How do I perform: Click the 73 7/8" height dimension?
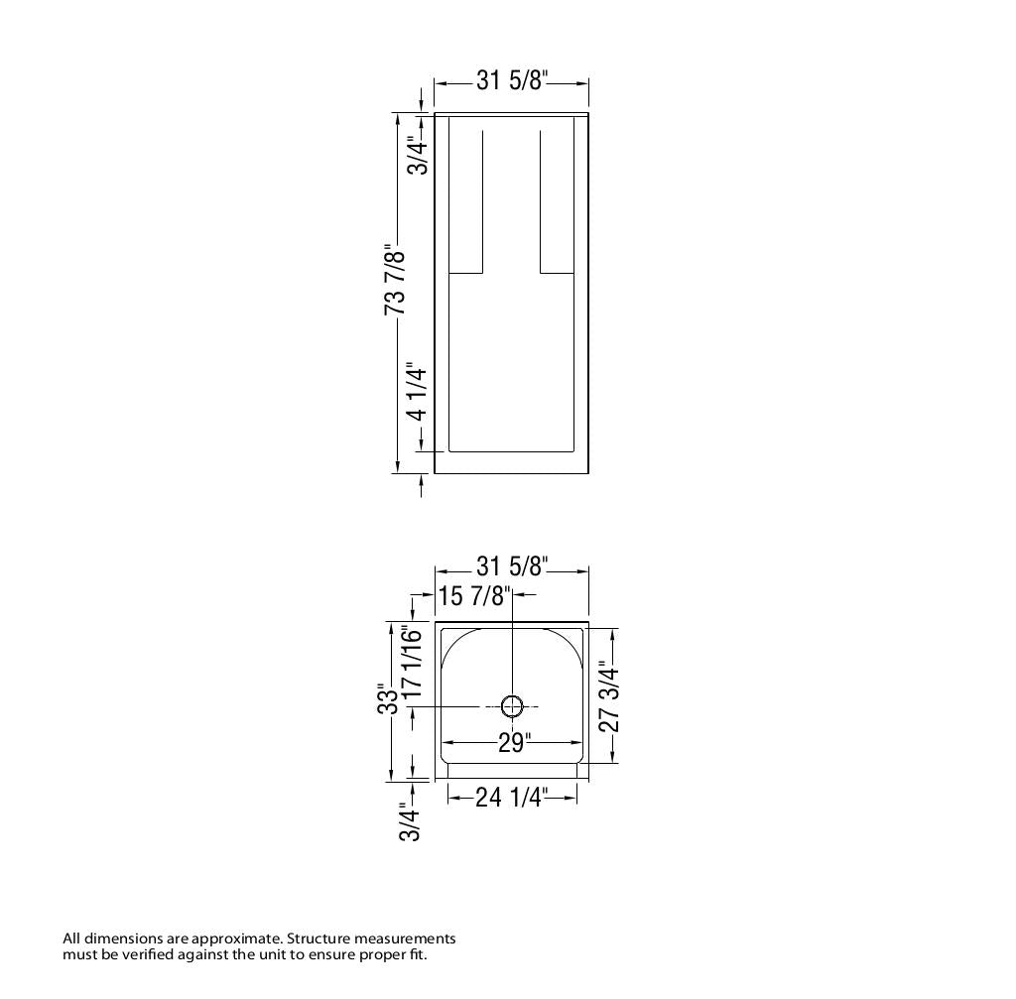pos(394,282)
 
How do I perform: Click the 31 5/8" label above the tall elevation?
pos(512,80)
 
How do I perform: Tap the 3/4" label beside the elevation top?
pos(420,156)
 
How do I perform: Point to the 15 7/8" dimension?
pos(474,595)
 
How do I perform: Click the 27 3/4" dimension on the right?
pos(609,697)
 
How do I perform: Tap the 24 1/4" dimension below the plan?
pos(511,796)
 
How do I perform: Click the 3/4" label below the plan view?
pos(410,821)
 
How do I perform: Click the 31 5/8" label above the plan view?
pos(512,566)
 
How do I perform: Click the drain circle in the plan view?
pos(512,706)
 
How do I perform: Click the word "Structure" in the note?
pos(319,938)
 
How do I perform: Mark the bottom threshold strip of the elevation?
pos(512,463)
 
